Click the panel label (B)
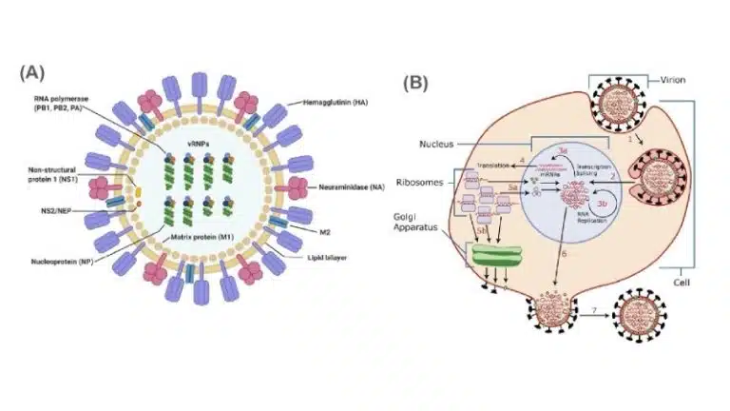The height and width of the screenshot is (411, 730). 415,82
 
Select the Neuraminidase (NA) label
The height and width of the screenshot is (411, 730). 336,178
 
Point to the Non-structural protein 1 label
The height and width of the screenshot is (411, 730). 58,172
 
